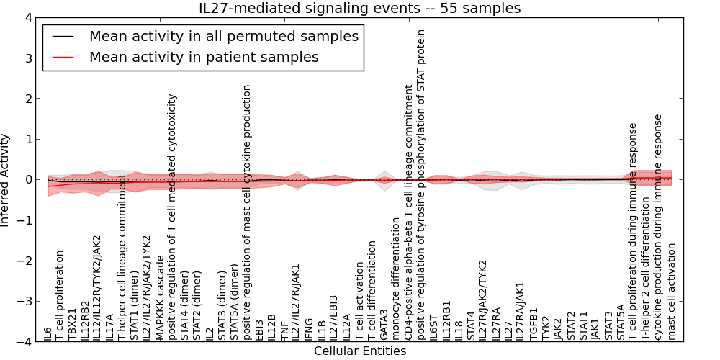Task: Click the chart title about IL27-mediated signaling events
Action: [x=360, y=8]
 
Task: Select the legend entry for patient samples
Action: [x=204, y=57]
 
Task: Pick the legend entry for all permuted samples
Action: [x=223, y=36]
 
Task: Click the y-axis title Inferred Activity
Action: [x=6, y=180]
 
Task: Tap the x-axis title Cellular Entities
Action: [x=360, y=351]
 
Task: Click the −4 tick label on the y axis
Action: [x=23, y=342]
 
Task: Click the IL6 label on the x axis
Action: [x=48, y=333]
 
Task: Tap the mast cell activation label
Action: [x=672, y=291]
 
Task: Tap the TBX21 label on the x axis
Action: [x=73, y=325]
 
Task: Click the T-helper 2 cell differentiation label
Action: [x=647, y=269]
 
